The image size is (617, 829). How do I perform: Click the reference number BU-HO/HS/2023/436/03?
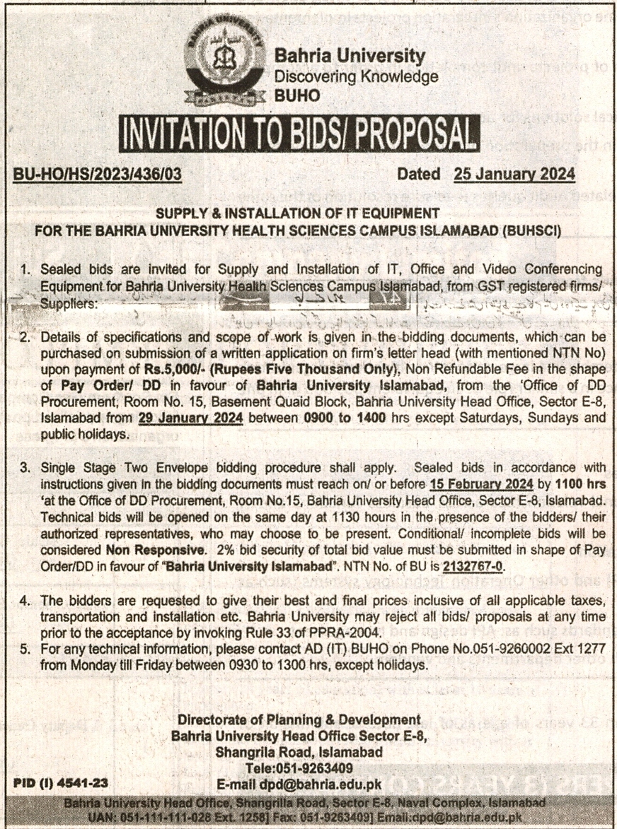click(98, 174)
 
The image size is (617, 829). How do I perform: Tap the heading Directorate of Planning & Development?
click(299, 720)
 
